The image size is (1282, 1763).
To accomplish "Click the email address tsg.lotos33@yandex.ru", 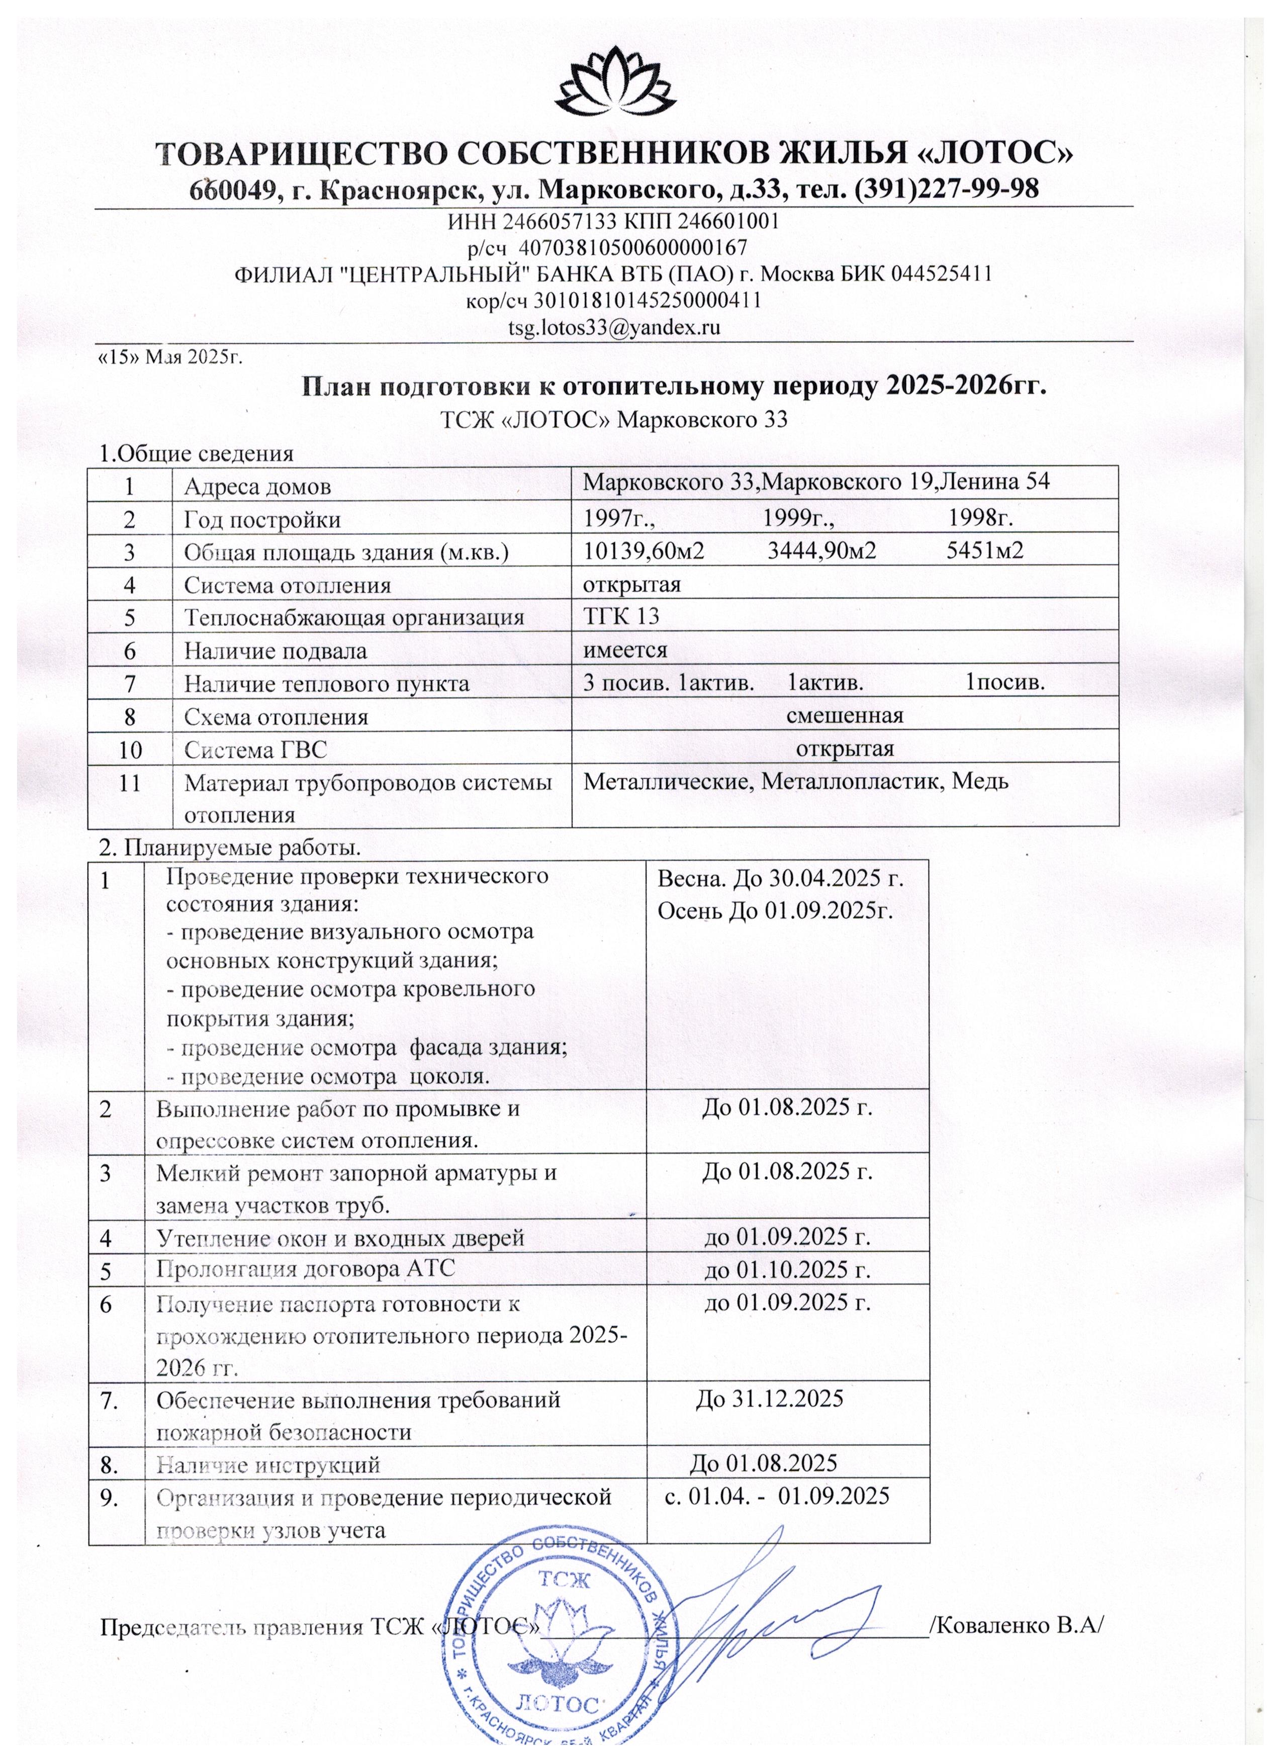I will pyautogui.click(x=614, y=327).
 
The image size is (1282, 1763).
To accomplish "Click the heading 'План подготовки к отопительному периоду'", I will pyautogui.click(x=673, y=386).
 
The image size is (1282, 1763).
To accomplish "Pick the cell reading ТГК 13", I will pyautogui.click(x=621, y=616).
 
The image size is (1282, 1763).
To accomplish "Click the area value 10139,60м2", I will pyautogui.click(x=644, y=550).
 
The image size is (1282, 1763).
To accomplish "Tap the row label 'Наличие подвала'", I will pyautogui.click(x=275, y=651).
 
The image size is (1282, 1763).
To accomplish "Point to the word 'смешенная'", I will pyautogui.click(x=845, y=715).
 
